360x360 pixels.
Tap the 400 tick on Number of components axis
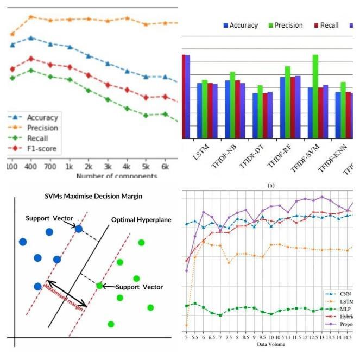coord(31,165)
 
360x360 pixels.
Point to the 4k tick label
coord(127,165)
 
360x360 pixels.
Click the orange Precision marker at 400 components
coord(31,17)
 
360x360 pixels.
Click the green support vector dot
coord(99,286)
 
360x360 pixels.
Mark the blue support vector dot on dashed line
coord(79,229)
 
